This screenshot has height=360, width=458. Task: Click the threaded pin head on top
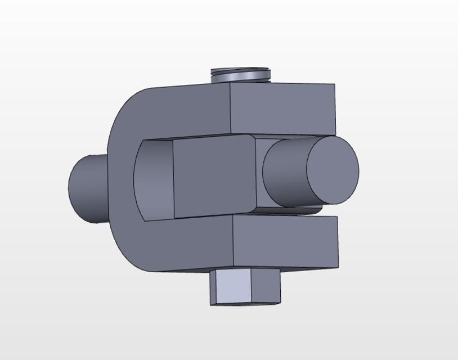pos(240,74)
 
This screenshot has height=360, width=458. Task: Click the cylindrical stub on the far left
pos(87,188)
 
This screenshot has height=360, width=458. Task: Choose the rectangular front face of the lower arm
pos(285,242)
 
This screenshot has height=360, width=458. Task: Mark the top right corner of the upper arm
pos(335,84)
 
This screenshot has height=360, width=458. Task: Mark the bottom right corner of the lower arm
pos(338,268)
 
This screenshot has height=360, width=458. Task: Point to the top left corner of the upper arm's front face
pos(231,84)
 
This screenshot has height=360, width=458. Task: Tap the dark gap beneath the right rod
pos(293,211)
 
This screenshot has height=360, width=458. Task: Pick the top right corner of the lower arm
pos(337,217)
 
